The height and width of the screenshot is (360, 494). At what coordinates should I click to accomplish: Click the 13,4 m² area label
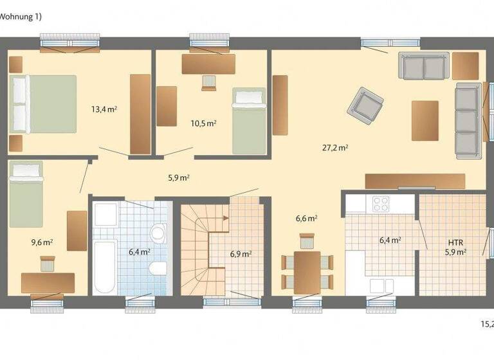point(104,109)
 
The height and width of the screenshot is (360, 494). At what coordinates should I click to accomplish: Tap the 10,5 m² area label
point(203,123)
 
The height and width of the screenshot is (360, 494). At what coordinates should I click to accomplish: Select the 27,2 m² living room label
point(335,147)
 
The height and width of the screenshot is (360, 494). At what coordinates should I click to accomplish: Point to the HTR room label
point(455,242)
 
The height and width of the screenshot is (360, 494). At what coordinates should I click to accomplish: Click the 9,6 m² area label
point(42,242)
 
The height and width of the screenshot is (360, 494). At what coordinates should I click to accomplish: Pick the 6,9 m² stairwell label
point(241,253)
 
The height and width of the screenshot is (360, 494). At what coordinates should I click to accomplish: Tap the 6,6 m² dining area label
point(306,219)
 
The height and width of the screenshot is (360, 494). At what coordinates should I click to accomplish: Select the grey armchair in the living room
point(365,105)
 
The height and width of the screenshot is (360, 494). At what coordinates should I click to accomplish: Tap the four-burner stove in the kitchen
point(381,203)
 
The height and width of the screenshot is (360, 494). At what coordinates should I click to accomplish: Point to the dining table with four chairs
point(307,271)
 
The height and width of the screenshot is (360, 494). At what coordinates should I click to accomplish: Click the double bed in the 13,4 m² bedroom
point(42,104)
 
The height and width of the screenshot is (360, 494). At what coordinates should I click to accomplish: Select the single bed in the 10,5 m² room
point(249,120)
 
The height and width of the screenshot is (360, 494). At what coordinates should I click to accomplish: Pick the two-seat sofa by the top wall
point(423,65)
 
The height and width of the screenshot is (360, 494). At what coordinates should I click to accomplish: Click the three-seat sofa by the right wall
point(468,120)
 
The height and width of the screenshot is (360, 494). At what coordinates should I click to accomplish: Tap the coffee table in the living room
point(425,120)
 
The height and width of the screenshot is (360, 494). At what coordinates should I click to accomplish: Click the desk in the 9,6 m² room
point(48,282)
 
